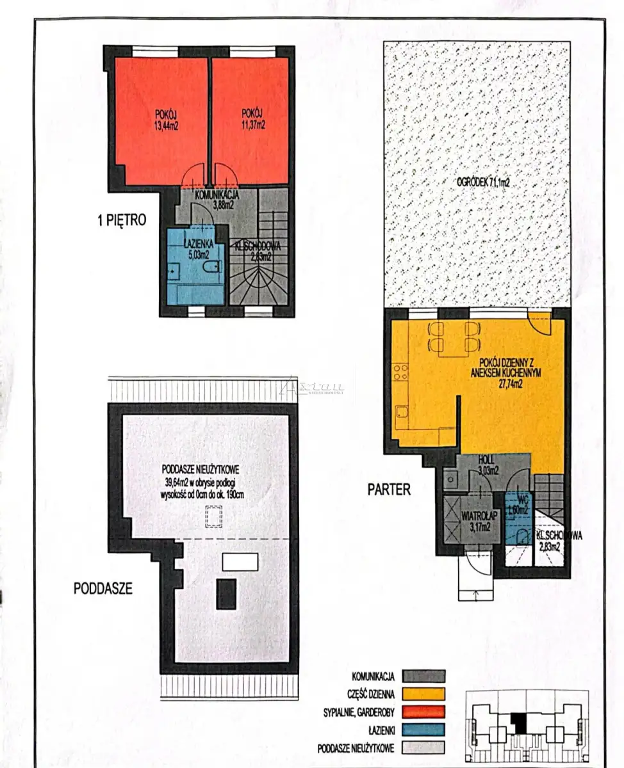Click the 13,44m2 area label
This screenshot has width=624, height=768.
point(167,126)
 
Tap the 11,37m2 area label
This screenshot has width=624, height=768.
point(253,125)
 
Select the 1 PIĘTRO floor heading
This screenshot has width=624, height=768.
point(122,220)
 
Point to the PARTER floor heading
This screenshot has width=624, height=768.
point(389,490)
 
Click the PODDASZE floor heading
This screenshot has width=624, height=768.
point(103,588)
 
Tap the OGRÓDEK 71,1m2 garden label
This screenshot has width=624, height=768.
point(483,182)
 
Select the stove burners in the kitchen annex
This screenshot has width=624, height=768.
point(401,372)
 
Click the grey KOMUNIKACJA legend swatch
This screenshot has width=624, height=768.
point(423,676)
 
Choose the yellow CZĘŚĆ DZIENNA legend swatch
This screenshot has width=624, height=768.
point(423,694)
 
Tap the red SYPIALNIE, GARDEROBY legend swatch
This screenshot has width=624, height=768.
point(423,712)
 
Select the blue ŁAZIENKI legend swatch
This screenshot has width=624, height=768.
point(423,730)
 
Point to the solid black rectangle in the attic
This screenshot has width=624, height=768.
point(226,594)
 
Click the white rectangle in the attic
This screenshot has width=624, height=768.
point(240,562)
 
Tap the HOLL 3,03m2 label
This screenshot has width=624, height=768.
point(488,465)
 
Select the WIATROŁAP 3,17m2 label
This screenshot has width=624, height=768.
point(479,522)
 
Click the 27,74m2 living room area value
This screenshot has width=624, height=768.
point(506,384)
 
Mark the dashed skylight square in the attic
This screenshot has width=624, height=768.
point(214,516)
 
